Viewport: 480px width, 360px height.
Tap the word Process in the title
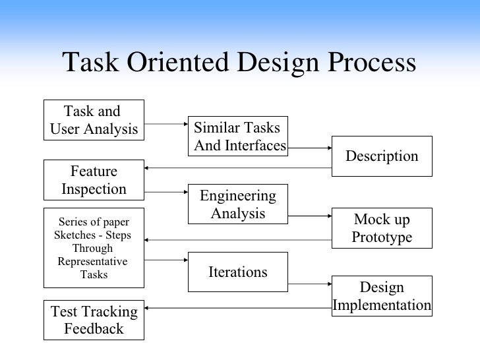coord(361,63)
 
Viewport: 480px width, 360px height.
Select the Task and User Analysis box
coord(94,120)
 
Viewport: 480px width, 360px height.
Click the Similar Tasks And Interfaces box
coord(237,136)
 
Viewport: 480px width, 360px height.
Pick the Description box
coord(382,156)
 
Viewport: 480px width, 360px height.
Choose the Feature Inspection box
coord(94,180)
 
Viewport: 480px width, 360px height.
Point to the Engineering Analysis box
coord(237,204)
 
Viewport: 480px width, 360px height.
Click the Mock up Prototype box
coord(382,227)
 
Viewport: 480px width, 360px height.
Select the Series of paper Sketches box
coord(94,248)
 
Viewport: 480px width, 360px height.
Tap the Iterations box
coord(237,272)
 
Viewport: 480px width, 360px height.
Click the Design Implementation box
coord(382,297)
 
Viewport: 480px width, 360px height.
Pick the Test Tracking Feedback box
coord(94,320)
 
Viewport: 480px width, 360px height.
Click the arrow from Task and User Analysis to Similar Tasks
coord(165,123)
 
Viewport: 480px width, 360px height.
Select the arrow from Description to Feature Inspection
coord(237,168)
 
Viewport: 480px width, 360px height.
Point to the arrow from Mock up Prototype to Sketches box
coord(237,239)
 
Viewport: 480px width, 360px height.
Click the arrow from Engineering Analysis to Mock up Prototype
coord(310,215)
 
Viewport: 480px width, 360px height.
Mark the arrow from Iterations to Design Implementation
coord(310,284)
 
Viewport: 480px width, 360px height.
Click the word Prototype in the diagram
coord(382,237)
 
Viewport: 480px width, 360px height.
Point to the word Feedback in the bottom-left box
coord(94,328)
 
